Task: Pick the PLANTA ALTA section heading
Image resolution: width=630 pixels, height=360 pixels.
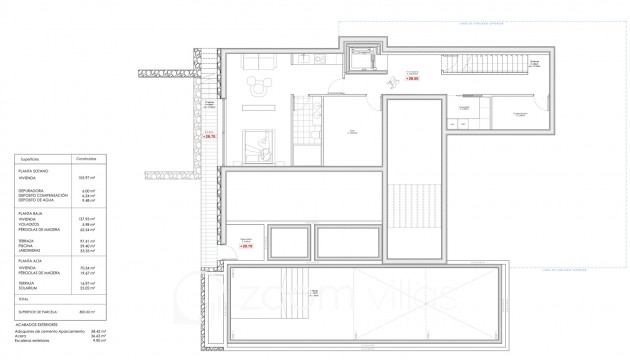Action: click(34, 260)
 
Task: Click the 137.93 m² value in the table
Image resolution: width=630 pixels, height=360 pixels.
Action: click(88, 219)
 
